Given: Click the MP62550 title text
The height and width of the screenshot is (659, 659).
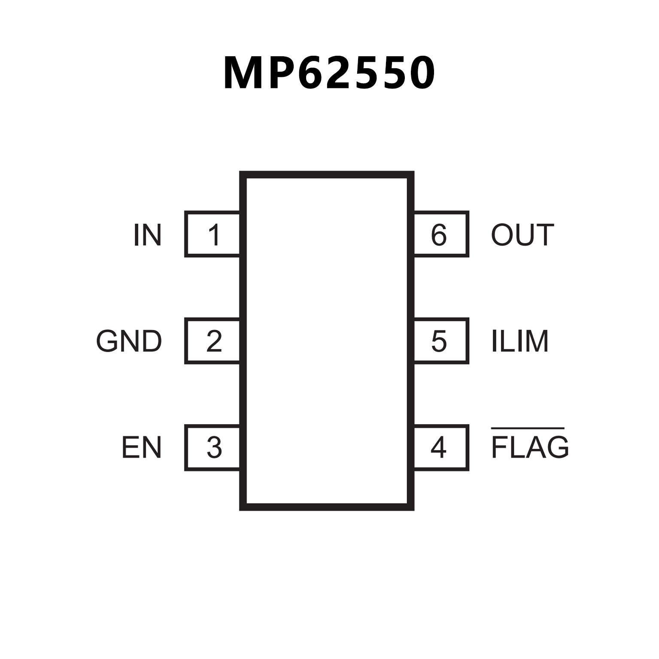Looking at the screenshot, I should point(329,73).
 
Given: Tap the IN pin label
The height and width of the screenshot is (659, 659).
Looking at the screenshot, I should point(147,235).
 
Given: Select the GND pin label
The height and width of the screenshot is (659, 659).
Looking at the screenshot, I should point(129,341).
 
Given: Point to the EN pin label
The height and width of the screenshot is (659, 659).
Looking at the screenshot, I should point(141,447).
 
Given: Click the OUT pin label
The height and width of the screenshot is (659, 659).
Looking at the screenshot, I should point(522,235).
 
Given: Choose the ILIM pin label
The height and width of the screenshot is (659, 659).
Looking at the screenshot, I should point(519,341).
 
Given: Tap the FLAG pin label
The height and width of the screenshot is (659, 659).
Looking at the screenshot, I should point(530,447).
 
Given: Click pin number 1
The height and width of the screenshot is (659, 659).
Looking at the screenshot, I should point(214,235).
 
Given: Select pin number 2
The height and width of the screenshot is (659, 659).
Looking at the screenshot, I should point(214,341).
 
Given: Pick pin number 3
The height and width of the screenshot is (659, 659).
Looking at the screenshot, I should point(214,447).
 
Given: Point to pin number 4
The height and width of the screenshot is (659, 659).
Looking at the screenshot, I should point(438,447).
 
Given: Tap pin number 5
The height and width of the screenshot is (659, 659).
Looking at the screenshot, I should point(438,341).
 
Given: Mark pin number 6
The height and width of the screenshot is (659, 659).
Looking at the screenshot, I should point(438,235).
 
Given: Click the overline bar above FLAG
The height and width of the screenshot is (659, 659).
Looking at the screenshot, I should point(527,428).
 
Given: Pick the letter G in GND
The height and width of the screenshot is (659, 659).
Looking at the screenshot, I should point(107,341).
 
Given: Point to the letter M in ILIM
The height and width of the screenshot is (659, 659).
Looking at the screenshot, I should point(537,341).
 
